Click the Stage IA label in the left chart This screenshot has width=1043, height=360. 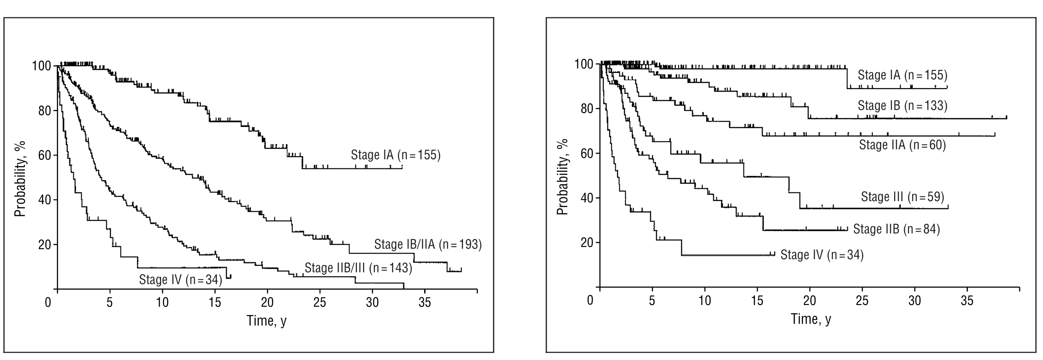(395, 155)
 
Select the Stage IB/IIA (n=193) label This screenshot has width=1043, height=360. (428, 244)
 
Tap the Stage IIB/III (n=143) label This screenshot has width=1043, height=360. (358, 267)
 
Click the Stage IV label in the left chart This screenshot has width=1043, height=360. (180, 279)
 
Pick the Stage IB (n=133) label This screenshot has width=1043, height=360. (902, 106)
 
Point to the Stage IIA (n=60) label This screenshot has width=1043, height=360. (902, 144)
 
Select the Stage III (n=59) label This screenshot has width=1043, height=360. (902, 197)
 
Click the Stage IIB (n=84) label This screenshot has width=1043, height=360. (896, 229)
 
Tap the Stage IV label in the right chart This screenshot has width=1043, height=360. (822, 254)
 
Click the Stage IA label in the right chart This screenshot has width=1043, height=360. (902, 75)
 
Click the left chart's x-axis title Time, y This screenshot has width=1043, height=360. (267, 321)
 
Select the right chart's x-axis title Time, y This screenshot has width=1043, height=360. (811, 319)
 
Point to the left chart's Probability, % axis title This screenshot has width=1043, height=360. (20, 178)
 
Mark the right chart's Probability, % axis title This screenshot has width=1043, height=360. (563, 177)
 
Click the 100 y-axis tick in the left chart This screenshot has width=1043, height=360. (41, 66)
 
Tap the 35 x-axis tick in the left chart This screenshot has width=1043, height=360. (425, 302)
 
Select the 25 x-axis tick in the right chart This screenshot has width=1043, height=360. (862, 300)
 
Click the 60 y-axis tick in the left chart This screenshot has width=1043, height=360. (45, 155)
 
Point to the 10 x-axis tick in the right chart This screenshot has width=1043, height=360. (705, 300)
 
